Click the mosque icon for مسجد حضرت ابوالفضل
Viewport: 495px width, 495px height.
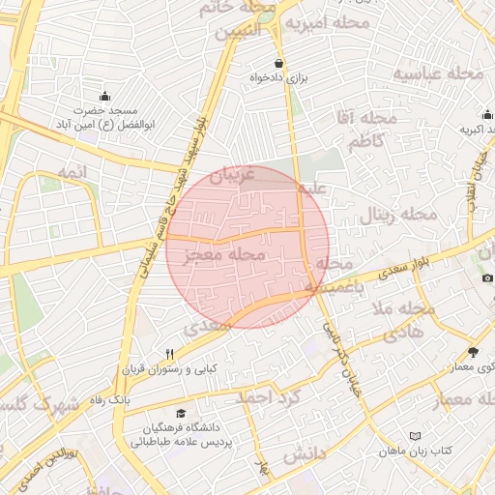point(104,96)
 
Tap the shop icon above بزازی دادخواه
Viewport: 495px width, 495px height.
point(279,64)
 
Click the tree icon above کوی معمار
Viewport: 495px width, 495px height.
point(473,352)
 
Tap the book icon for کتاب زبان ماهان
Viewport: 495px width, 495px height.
point(416,437)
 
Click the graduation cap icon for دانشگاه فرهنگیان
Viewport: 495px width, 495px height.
point(182,413)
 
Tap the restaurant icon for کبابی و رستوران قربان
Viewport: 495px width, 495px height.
point(170,353)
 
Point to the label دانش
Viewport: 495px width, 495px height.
point(303,453)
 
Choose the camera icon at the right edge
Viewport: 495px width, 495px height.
point(488,278)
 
